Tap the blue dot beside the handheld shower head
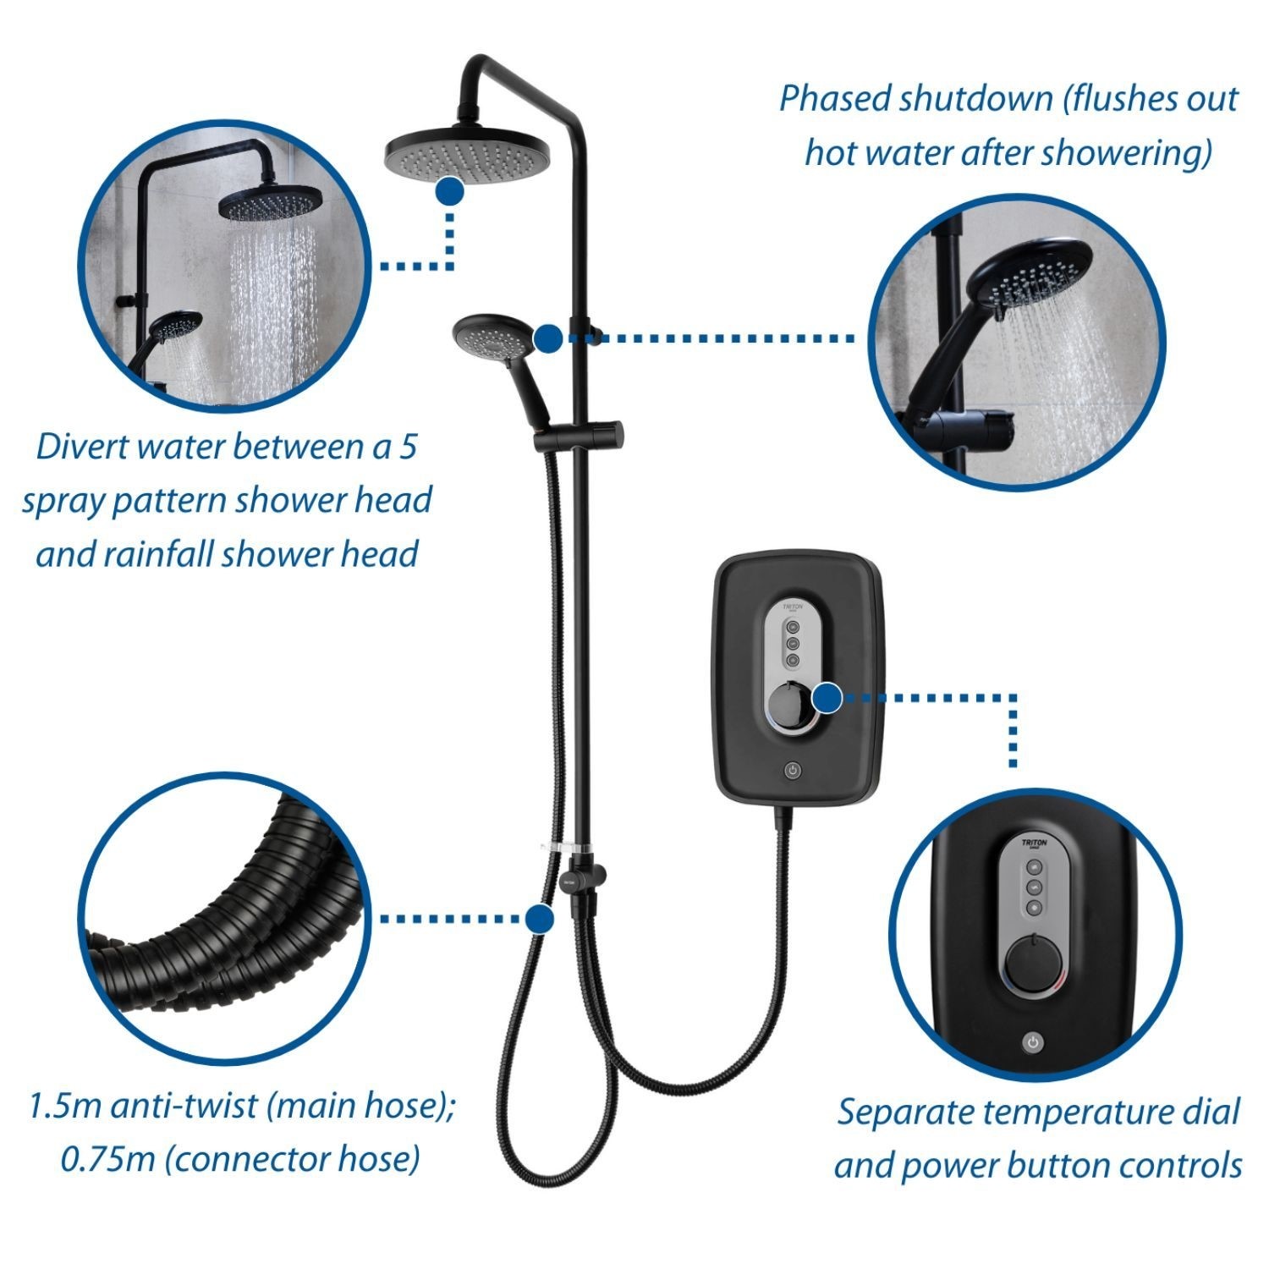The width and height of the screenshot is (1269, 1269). tap(549, 338)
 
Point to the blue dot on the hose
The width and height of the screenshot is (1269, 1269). tap(539, 918)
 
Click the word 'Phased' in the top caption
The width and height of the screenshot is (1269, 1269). tap(835, 99)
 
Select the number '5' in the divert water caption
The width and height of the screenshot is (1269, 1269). tap(408, 446)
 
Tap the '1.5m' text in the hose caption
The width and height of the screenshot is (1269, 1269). tap(63, 1107)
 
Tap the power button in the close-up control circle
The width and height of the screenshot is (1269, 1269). tap(1032, 1042)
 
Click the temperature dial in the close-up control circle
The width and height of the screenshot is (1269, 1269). tap(1034, 964)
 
